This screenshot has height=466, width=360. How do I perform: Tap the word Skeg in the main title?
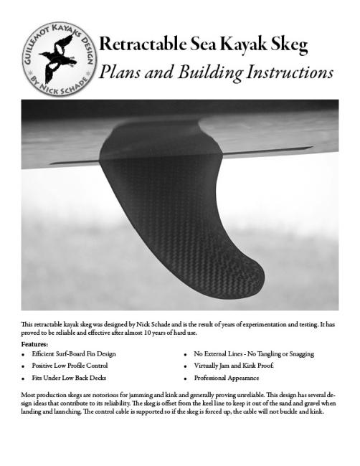pos(290,46)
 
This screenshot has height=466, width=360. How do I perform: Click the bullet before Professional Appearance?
pos(186,378)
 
